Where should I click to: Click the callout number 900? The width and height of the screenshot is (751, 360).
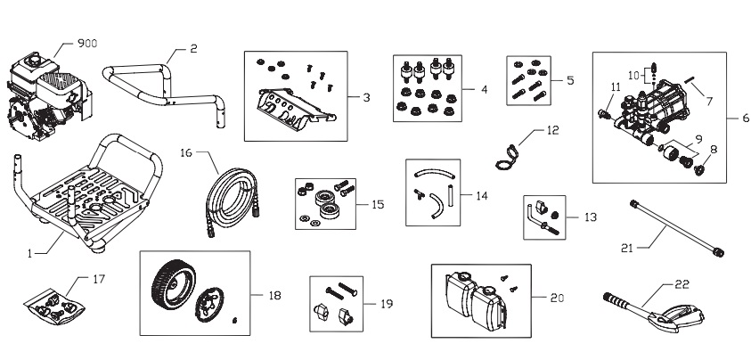tap(89, 43)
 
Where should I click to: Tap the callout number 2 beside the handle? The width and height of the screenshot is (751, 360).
tap(193, 48)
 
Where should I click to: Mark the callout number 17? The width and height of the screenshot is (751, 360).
tap(98, 279)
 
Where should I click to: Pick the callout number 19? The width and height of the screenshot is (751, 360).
tap(386, 304)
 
